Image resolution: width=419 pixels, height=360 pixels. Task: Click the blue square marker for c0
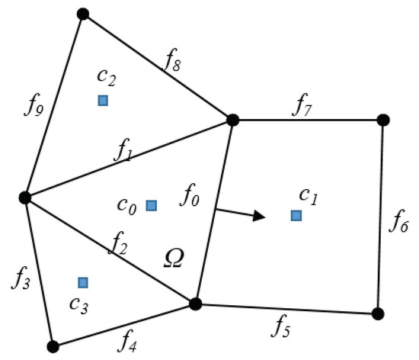(x=152, y=204)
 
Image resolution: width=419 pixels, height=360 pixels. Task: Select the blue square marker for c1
(x=296, y=216)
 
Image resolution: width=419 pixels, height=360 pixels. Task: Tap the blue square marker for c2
(x=103, y=100)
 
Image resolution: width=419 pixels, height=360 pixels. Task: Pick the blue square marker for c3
(x=83, y=282)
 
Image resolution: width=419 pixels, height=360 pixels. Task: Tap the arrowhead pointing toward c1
(x=261, y=216)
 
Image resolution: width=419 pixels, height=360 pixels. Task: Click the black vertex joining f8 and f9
(x=83, y=14)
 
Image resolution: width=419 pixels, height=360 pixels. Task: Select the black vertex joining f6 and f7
(x=383, y=120)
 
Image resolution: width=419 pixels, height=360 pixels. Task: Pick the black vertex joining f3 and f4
(x=53, y=346)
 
